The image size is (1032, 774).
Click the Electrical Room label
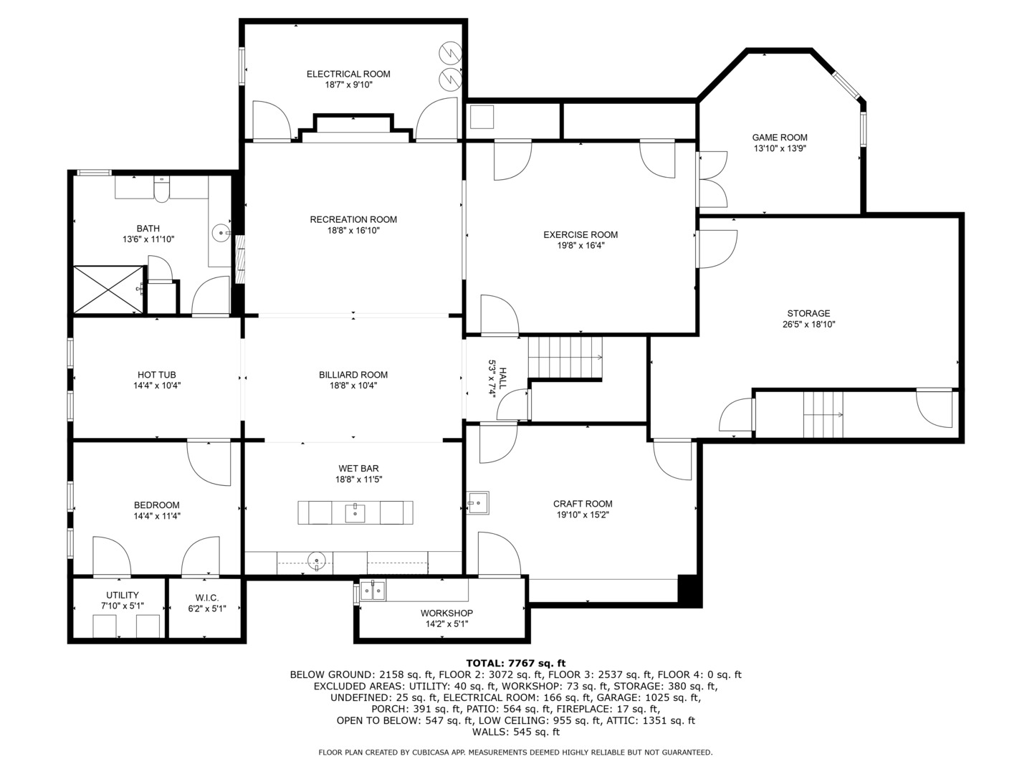[x=348, y=74]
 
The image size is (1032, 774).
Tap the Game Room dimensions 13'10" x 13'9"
[x=780, y=148]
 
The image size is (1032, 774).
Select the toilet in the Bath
[x=161, y=190]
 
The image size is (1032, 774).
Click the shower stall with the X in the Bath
[x=108, y=290]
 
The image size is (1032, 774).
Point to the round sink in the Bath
[x=221, y=231]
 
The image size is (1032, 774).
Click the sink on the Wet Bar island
[x=355, y=512]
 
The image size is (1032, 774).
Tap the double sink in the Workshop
[x=373, y=591]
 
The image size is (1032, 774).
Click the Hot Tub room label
[x=156, y=375]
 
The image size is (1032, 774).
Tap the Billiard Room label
[x=353, y=375]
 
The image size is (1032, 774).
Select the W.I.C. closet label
[x=206, y=598]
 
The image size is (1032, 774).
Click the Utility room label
[x=123, y=595]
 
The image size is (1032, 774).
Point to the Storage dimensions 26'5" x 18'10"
[x=808, y=324]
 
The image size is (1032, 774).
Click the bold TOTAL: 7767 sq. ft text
[x=515, y=663]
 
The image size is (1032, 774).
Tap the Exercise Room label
[x=580, y=234]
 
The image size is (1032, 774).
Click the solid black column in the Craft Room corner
[x=687, y=589]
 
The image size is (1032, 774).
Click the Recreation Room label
[x=353, y=219]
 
